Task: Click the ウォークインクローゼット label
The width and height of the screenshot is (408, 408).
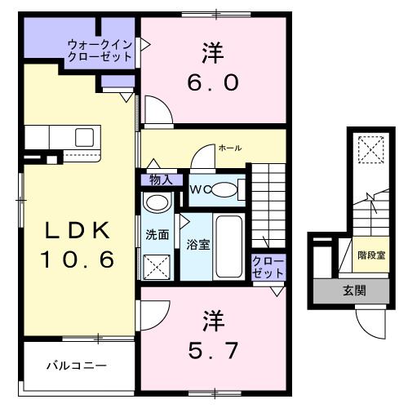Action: [100, 51]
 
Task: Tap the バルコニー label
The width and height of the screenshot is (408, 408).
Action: [76, 366]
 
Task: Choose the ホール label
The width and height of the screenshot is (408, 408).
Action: [229, 148]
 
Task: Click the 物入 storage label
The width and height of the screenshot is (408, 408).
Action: [161, 180]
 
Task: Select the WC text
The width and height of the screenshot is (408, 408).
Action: [200, 190]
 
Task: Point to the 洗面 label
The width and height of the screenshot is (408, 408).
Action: [157, 235]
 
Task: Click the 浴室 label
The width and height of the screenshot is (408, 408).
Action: [197, 244]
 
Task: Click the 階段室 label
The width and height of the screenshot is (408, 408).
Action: [371, 255]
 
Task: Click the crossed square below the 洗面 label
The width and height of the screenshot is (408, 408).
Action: [156, 267]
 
